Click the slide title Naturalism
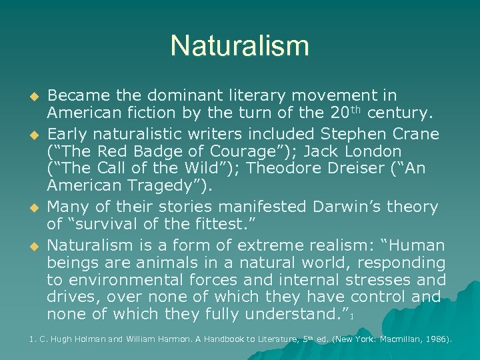(240, 46)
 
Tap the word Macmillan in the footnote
(396, 339)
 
